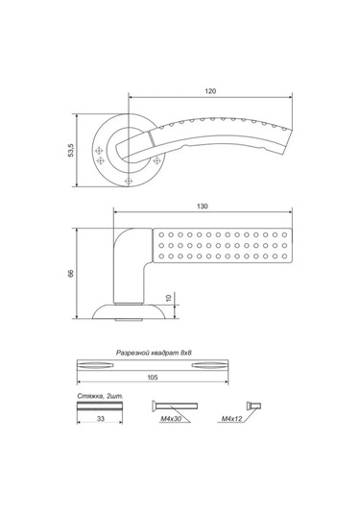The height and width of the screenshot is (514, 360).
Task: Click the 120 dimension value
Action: [x=210, y=91]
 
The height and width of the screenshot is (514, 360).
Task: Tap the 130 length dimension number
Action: [x=203, y=207]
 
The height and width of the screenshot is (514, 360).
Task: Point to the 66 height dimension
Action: [x=71, y=274]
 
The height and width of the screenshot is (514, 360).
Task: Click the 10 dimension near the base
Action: [x=169, y=298]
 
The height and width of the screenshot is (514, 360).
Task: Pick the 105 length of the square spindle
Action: [x=153, y=378]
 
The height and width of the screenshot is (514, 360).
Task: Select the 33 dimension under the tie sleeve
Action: [x=101, y=419]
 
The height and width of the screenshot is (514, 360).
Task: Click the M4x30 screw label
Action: [x=170, y=419]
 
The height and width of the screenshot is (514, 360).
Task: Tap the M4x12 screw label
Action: [x=231, y=419]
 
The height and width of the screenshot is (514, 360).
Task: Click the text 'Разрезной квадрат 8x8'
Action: [x=154, y=353]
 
